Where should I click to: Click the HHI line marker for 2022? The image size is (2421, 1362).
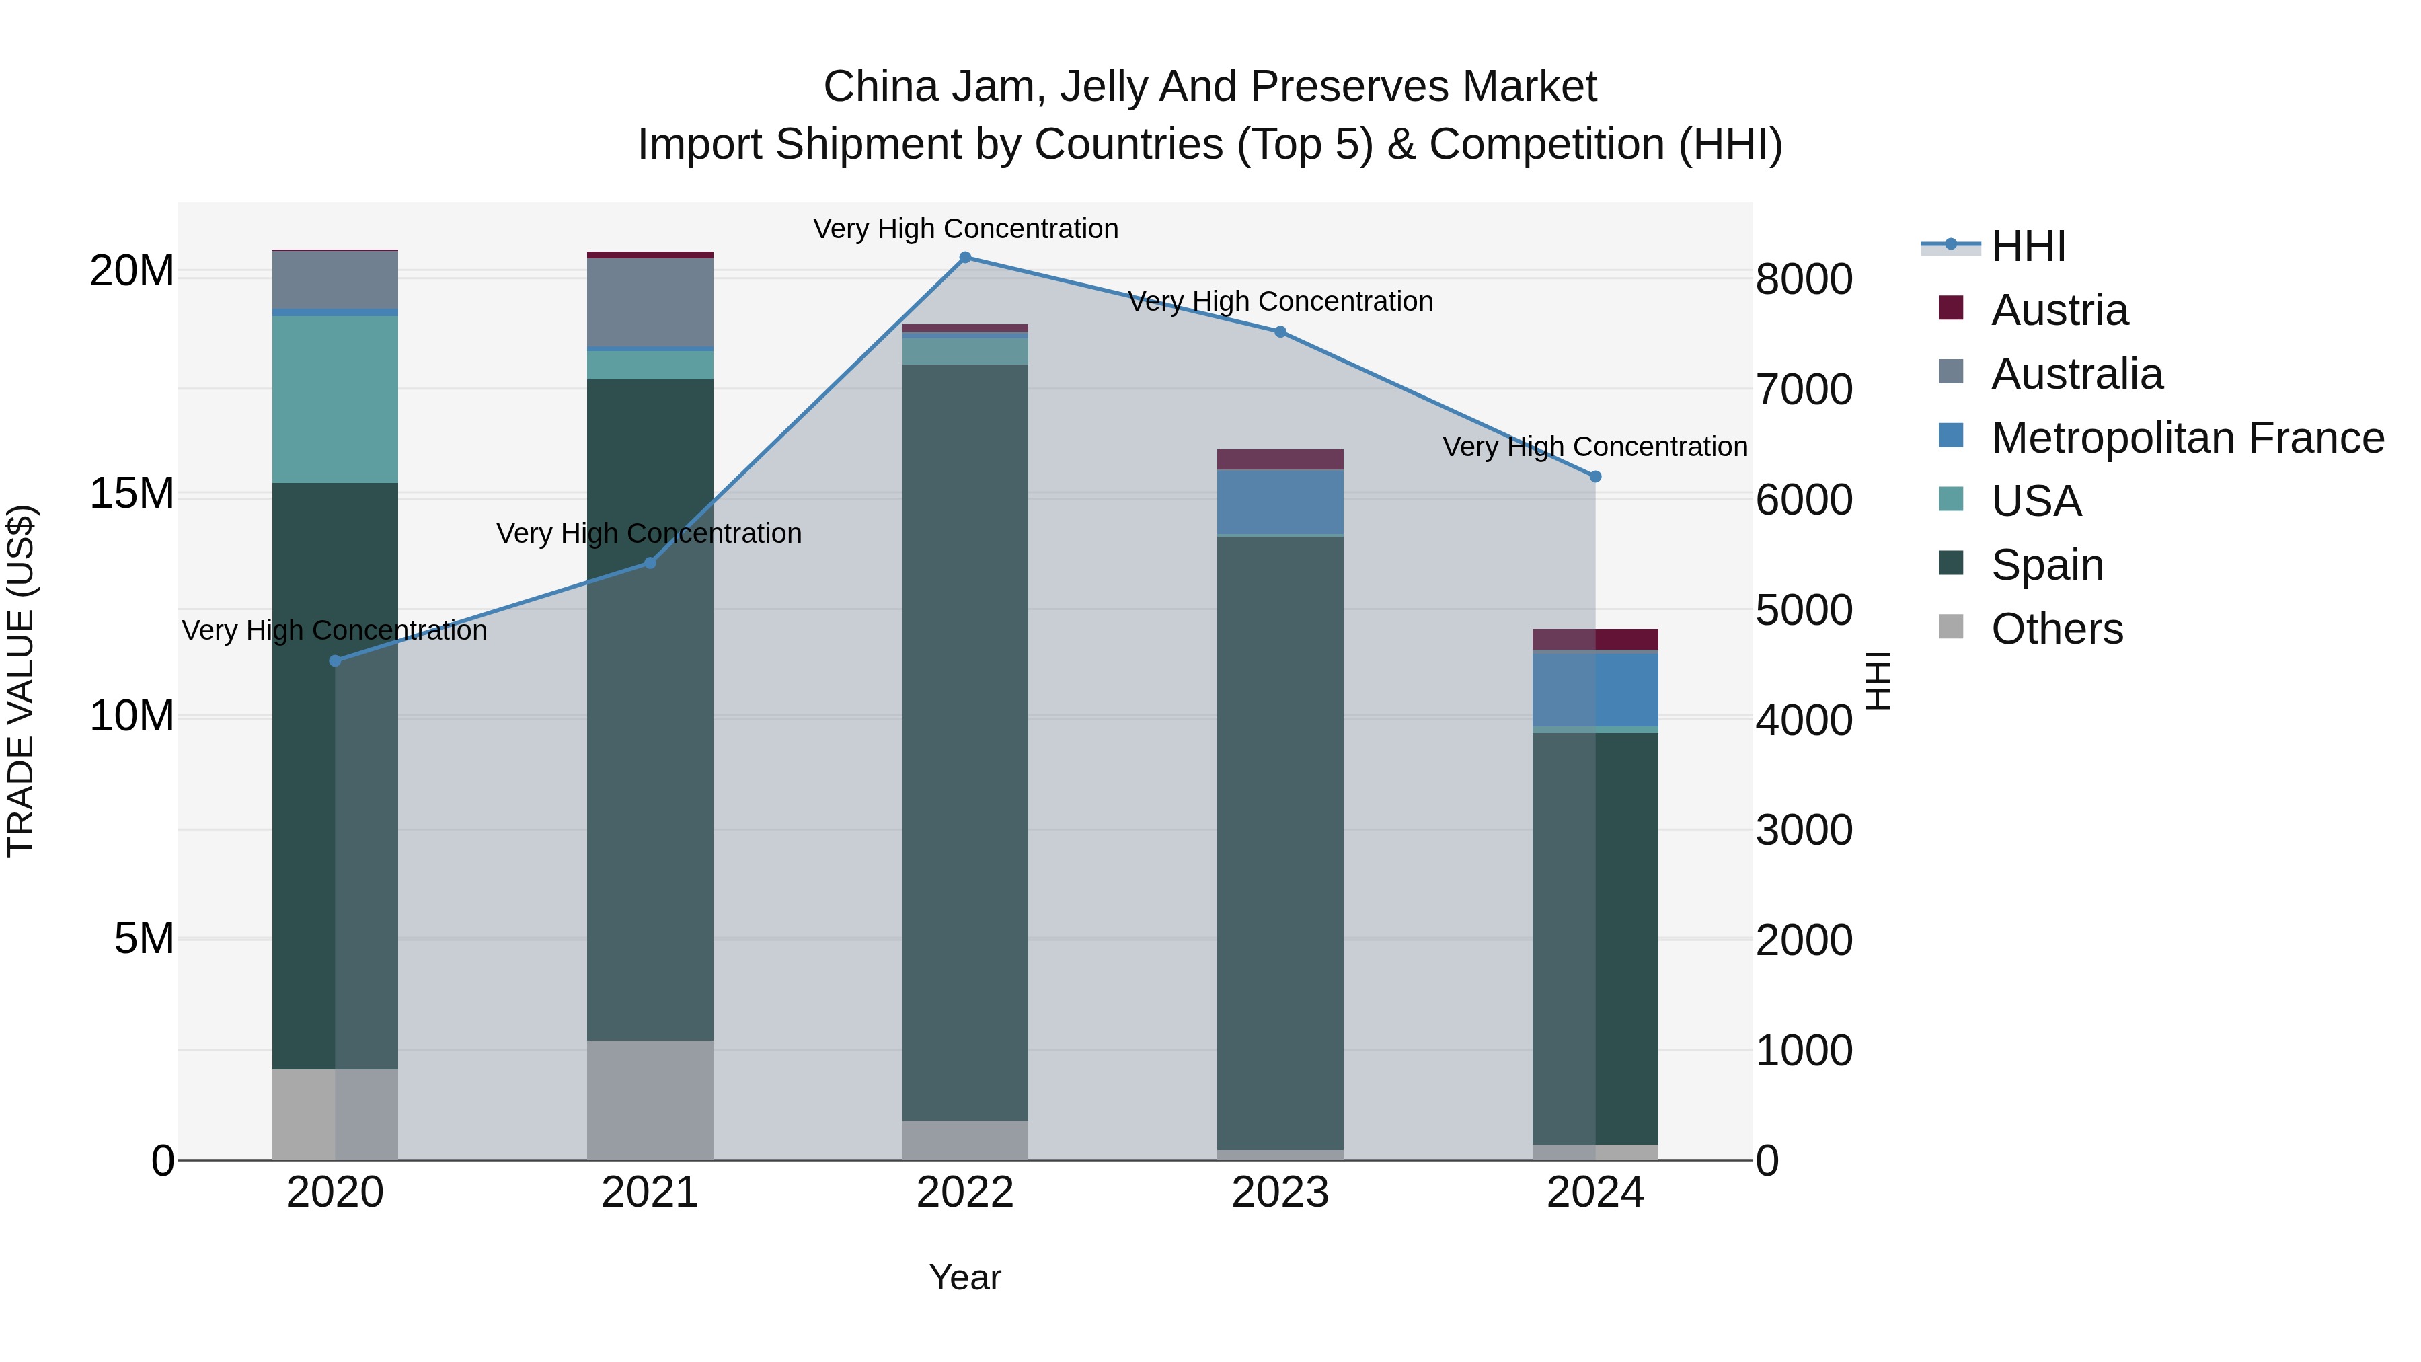coord(965,258)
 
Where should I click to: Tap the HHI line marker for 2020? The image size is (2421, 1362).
coord(336,660)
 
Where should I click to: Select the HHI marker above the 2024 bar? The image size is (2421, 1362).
coord(1595,477)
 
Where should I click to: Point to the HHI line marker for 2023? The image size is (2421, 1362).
coord(1280,332)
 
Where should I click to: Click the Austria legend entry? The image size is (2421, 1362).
coord(2059,310)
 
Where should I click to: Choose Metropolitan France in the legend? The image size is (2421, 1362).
coord(2187,438)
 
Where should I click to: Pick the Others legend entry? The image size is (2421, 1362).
coord(2057,629)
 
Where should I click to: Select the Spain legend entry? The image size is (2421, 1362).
coord(2047,565)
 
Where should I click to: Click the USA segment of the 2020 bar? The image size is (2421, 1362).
coord(336,400)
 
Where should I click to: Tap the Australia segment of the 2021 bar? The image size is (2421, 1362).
coord(650,303)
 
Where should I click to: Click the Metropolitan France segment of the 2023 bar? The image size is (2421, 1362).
coord(1280,502)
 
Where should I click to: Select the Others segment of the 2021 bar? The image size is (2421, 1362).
coord(650,1100)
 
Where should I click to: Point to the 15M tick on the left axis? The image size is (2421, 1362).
coord(132,494)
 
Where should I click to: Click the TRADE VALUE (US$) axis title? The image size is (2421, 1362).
coord(21,681)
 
